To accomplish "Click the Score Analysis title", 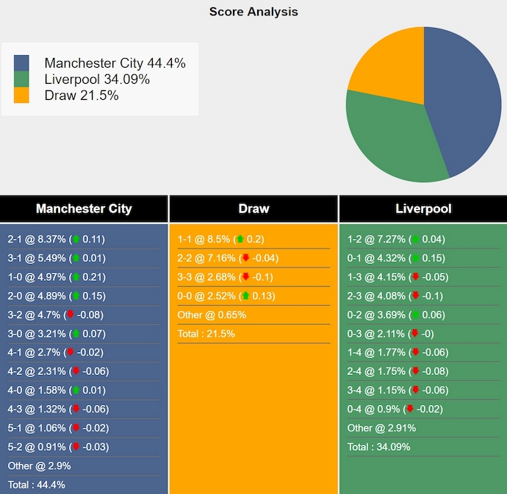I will pos(253,12).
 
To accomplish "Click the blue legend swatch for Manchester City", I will pos(21,63).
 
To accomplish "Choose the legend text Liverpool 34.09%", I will pos(97,79).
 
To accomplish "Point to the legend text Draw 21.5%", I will pos(82,96).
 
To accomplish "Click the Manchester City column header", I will pos(84,209).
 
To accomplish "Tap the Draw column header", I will pos(253,209).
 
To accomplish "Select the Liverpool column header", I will pos(423,209).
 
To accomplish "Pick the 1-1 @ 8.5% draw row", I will pos(220,239).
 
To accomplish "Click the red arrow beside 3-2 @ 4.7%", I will pos(71,315).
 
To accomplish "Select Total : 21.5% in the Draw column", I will pos(206,334).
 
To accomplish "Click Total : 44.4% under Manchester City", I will pos(37,484).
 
